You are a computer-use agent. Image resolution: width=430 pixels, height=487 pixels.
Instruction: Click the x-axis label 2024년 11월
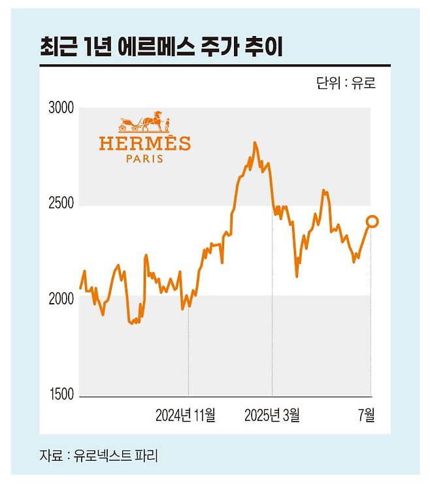186,414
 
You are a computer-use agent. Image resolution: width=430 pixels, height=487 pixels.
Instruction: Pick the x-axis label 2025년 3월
273,414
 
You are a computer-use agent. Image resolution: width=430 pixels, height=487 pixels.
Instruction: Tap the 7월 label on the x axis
368,414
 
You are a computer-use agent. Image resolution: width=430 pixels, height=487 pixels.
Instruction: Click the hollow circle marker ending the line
372,222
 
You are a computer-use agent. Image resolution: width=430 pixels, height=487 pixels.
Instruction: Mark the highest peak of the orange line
255,142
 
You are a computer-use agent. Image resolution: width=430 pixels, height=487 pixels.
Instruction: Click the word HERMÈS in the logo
144,143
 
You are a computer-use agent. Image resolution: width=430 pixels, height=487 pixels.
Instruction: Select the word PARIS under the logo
144,158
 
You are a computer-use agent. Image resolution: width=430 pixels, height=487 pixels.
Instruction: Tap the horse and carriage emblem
144,123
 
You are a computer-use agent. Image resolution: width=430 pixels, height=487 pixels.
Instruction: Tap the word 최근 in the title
54,46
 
